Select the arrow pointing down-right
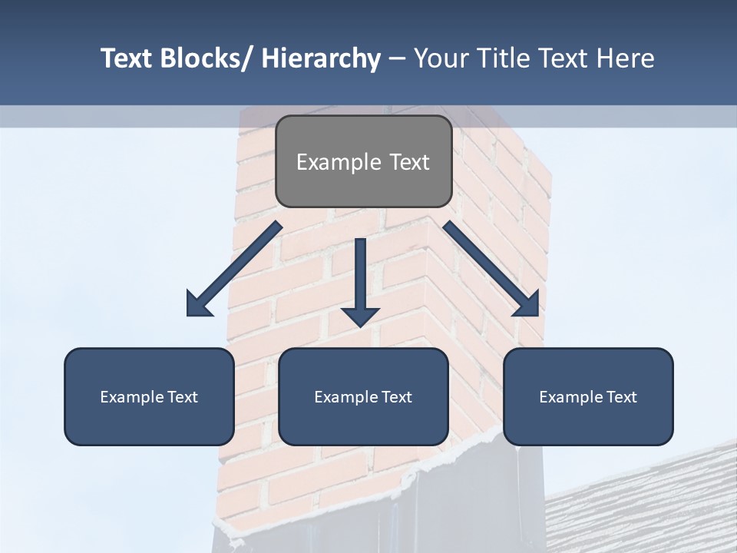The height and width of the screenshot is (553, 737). [491, 269]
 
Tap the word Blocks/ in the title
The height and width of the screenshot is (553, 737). [202, 58]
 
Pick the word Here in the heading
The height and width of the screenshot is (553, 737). [625, 58]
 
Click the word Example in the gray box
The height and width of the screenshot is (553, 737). [338, 162]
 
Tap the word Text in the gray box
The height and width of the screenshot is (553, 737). [409, 162]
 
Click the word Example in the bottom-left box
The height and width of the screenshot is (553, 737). [131, 397]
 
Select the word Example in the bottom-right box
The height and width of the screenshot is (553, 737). [570, 397]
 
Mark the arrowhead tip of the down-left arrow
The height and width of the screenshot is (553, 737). [188, 315]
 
